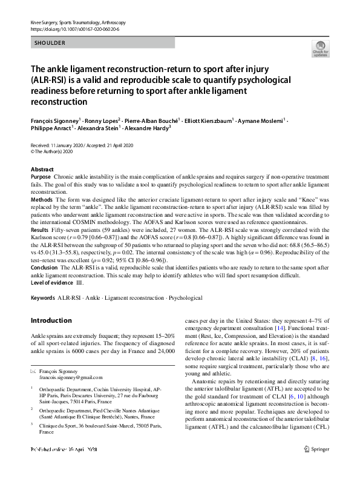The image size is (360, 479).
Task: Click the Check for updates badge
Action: coord(319,48)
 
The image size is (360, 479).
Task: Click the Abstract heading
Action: coord(42,169)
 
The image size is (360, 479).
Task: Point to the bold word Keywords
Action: coord(42,299)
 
